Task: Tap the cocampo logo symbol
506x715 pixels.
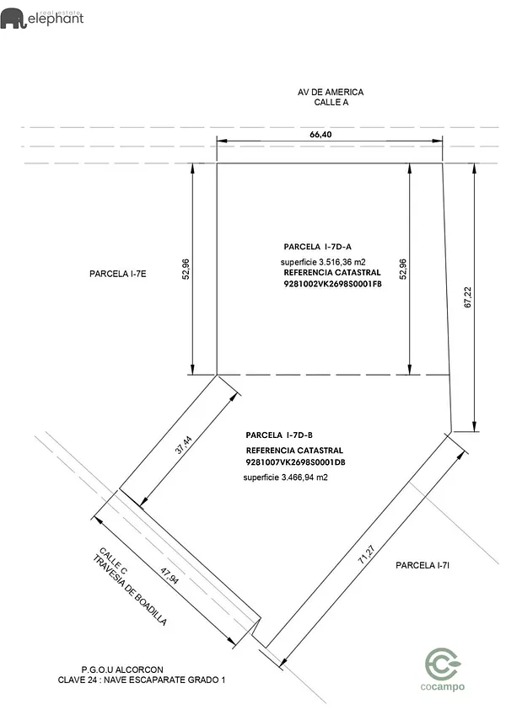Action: [443, 664]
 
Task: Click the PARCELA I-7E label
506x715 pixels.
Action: [118, 275]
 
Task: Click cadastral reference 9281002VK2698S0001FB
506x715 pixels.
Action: [332, 285]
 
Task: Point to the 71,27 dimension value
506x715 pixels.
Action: [365, 553]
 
